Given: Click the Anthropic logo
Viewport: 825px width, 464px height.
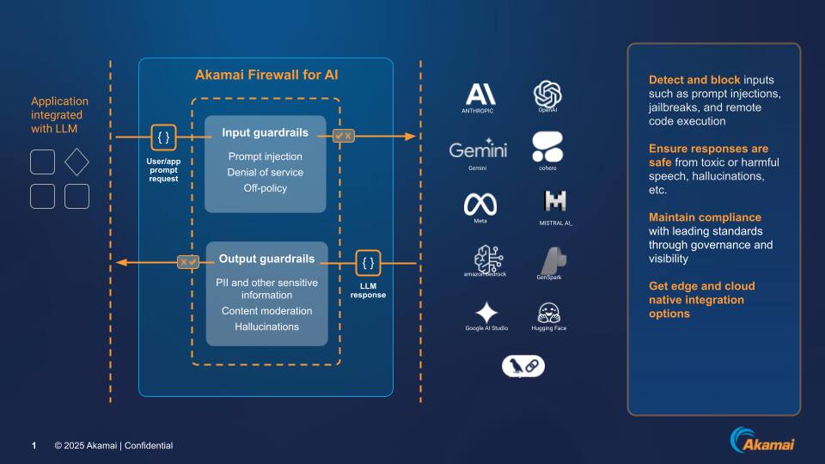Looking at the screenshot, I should tap(480, 94).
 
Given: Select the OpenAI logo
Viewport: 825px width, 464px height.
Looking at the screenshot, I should tap(547, 93).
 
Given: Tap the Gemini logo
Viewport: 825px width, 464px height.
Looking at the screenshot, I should tap(478, 149).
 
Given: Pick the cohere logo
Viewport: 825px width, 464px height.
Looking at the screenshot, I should tap(547, 147).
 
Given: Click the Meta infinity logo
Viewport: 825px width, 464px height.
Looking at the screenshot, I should tap(480, 204).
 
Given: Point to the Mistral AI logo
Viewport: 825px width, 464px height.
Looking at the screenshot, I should tap(553, 202).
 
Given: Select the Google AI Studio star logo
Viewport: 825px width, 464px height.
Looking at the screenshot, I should tap(486, 312).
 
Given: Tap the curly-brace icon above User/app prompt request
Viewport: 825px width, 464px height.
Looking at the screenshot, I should tap(162, 137).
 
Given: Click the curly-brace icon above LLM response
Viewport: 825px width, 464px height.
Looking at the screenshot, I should tap(368, 263).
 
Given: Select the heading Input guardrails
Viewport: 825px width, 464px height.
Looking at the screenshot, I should tap(265, 133).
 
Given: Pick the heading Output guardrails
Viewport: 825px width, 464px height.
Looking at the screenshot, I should tap(266, 259).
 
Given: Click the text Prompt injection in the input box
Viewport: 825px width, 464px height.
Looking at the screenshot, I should tap(265, 156).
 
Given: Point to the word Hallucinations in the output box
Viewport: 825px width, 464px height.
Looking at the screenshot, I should tap(266, 327).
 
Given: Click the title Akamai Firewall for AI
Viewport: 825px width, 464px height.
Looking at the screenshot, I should tap(266, 76).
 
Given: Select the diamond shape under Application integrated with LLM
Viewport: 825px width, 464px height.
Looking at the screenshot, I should tap(76, 162).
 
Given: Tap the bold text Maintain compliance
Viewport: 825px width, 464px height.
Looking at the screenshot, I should tap(705, 217).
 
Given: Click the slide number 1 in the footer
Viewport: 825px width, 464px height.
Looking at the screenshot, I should tap(34, 445).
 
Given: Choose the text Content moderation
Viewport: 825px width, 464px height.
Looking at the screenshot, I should tap(266, 311).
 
